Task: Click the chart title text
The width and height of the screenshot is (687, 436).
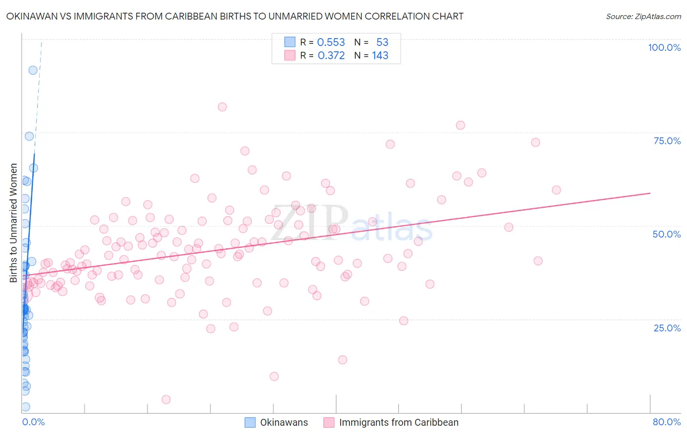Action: [235, 16]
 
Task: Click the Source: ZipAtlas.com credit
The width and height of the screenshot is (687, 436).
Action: [643, 16]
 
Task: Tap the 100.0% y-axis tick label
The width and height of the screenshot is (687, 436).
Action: [664, 47]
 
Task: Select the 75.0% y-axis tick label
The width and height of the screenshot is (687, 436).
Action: [667, 141]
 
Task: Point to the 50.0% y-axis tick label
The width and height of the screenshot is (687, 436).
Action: [666, 234]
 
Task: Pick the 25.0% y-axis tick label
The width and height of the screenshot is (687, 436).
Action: [667, 327]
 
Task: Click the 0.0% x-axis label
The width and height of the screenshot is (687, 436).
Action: [33, 422]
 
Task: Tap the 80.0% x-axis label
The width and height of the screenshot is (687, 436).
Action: [666, 422]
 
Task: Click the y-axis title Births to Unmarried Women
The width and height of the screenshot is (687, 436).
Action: [14, 223]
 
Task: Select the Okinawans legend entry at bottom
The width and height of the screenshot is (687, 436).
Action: [277, 422]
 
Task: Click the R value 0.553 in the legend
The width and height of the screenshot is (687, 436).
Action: [331, 43]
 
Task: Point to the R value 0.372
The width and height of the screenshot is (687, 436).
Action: [331, 56]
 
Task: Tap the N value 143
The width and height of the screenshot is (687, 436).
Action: [380, 56]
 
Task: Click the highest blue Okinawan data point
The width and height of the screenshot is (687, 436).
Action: [33, 70]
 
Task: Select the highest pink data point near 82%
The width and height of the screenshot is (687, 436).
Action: [222, 107]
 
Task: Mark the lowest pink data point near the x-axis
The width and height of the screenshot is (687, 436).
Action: [166, 399]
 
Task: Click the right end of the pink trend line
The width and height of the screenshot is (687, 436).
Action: [650, 193]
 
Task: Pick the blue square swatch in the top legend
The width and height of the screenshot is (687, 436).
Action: [290, 42]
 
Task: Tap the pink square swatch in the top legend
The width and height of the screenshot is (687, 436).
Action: [290, 55]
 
